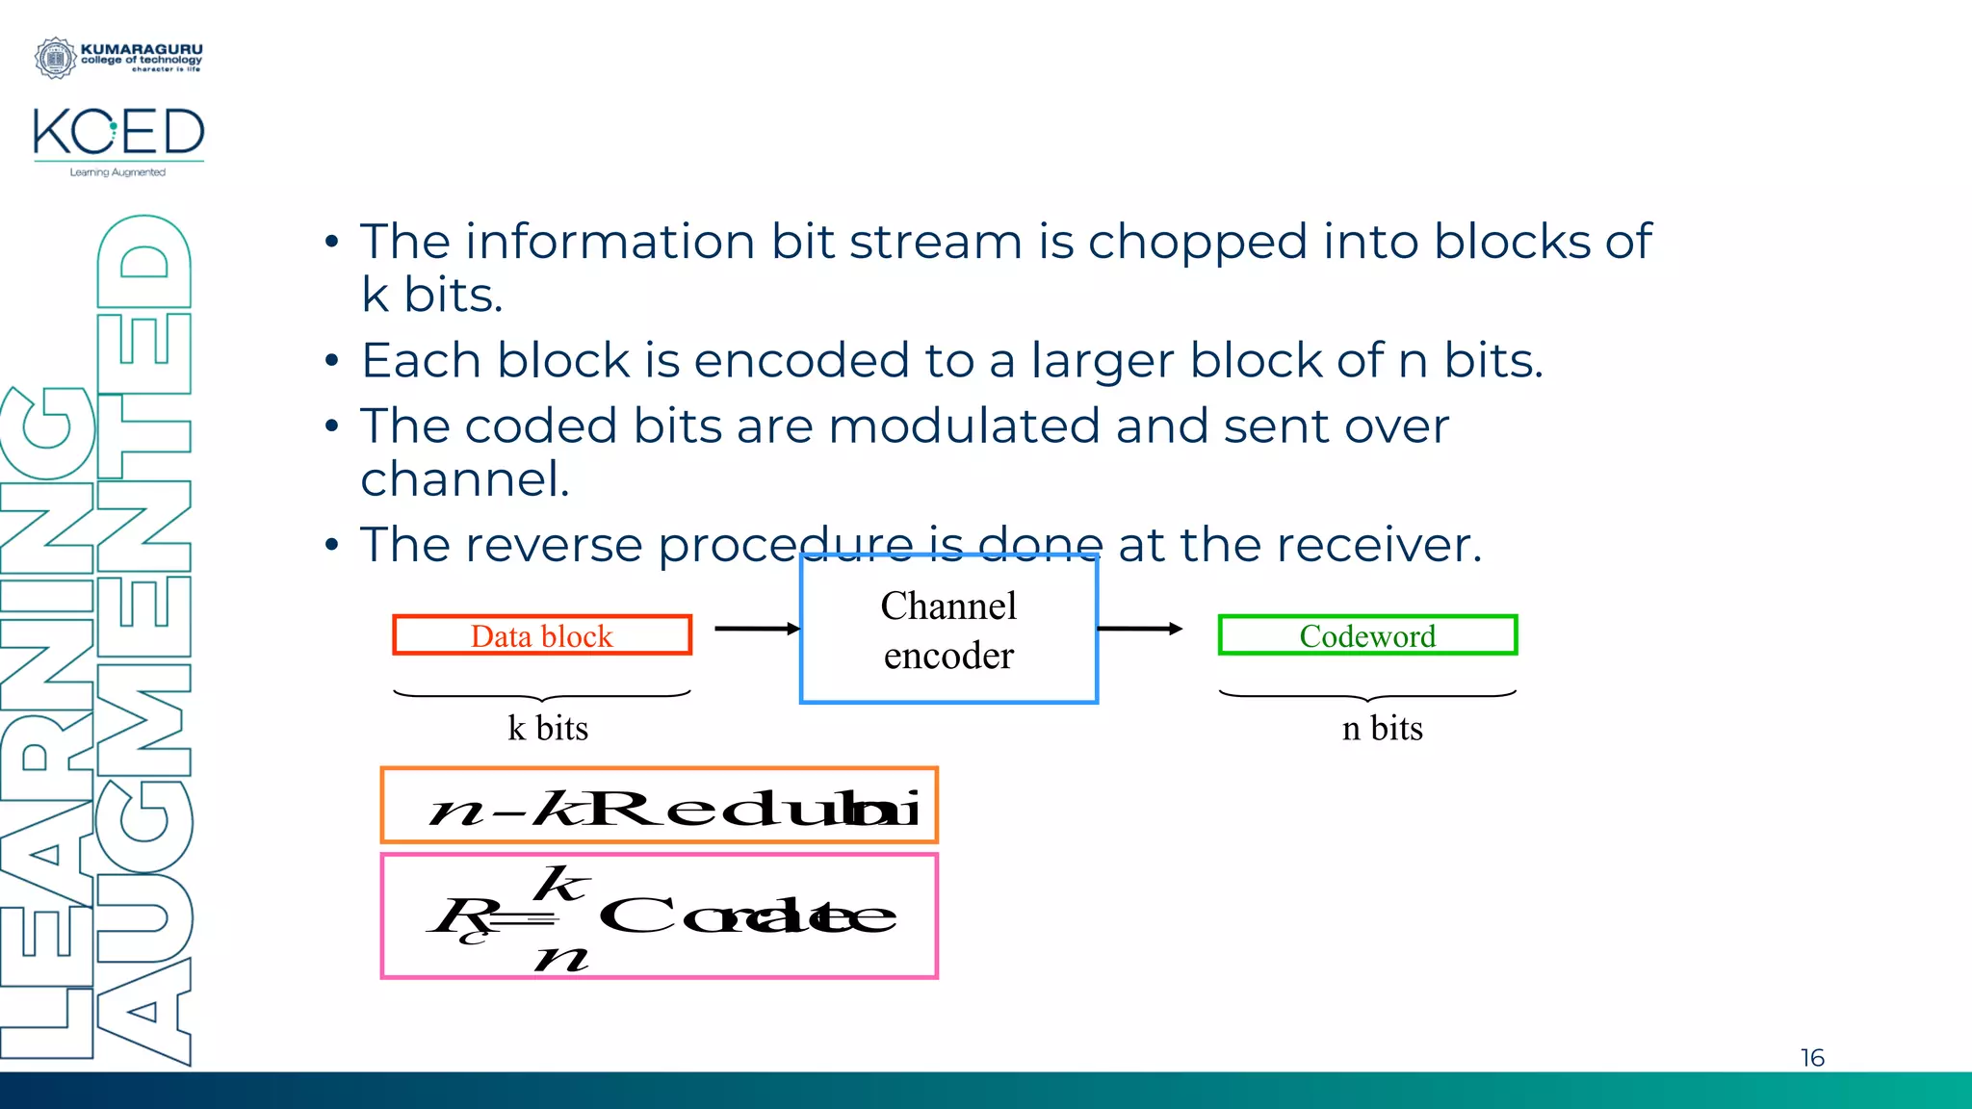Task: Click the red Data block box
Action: pos(542,635)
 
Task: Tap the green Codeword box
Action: pos(1367,635)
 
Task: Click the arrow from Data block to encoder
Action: pos(757,629)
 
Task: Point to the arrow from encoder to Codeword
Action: pos(1139,629)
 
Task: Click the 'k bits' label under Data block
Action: pos(548,728)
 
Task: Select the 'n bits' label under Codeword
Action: pos(1382,728)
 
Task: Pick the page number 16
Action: pos(1812,1058)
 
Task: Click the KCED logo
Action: pos(118,133)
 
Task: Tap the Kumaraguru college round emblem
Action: pos(55,58)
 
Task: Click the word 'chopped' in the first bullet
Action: pos(1198,242)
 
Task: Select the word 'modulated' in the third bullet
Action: pos(963,426)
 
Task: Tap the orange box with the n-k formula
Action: pos(660,806)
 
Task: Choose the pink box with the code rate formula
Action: pos(660,916)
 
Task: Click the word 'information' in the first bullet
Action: pos(610,242)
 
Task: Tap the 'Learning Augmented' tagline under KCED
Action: pos(117,172)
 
